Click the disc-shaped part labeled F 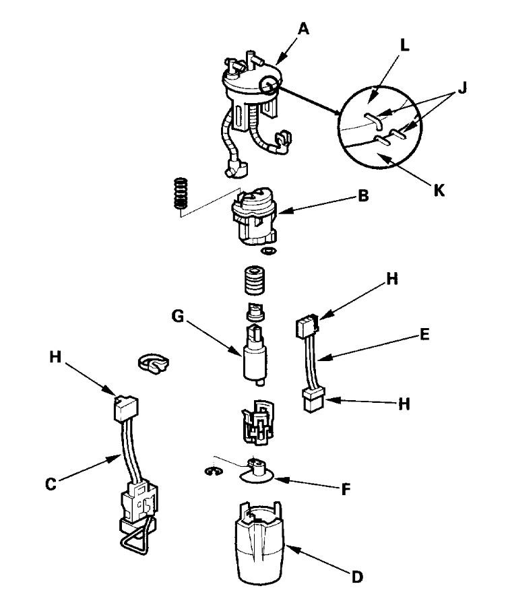click(x=257, y=476)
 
